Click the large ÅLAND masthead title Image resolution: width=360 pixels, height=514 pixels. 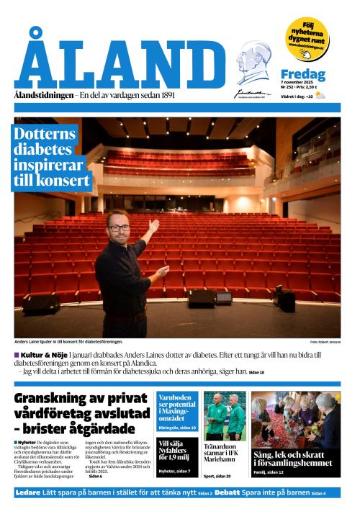click(120, 64)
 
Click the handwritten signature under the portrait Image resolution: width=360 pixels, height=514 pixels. click(252, 92)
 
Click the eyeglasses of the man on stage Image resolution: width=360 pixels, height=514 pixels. click(120, 227)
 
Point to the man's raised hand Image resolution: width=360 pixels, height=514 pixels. click(153, 226)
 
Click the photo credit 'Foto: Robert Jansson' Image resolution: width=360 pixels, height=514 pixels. click(325, 341)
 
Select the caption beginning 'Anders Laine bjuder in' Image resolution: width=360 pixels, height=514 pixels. click(68, 341)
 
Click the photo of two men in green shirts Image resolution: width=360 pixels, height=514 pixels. click(224, 415)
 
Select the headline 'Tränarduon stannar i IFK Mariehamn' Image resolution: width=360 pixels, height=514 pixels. click(224, 456)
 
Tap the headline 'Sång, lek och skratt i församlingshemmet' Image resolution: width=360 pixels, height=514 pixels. click(295, 459)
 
